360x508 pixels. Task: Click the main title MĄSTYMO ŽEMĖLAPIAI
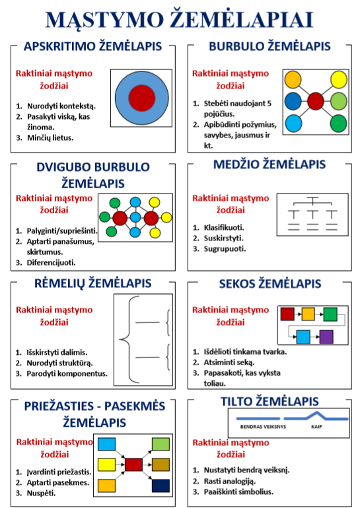point(179,19)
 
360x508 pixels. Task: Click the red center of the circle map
point(141,98)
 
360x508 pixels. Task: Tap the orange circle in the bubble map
point(293,80)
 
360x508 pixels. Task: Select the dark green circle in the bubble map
point(339,124)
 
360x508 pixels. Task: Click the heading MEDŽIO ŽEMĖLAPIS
point(270,164)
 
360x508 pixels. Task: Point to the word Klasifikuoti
point(224,227)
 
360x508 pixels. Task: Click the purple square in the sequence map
point(326,337)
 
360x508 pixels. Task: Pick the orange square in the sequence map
point(308,314)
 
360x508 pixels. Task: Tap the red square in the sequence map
point(287,314)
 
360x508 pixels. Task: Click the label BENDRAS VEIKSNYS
point(263,427)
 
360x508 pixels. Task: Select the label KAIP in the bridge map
point(316,427)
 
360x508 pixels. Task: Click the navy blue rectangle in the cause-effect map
point(161,486)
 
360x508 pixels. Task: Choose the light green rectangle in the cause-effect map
point(161,444)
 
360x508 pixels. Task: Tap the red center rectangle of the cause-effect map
point(134,464)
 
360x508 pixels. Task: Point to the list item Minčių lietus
point(50,137)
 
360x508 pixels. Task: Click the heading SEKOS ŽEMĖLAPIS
point(270,284)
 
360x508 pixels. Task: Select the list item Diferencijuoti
point(52,262)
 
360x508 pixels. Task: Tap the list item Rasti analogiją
point(230,481)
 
